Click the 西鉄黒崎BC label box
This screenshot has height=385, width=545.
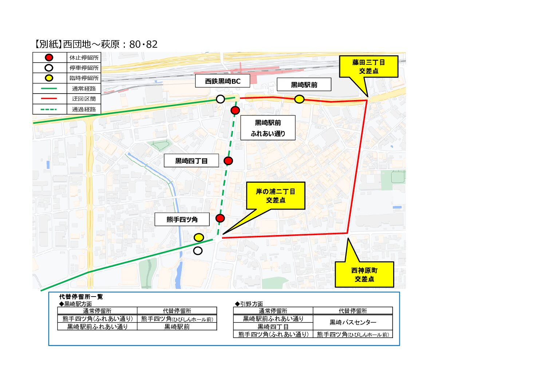point(222,81)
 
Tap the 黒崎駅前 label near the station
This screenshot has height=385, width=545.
point(304,85)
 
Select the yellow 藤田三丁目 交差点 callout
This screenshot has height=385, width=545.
point(368,67)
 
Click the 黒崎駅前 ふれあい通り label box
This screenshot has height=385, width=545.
point(268,128)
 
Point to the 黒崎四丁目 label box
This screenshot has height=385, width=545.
point(191,161)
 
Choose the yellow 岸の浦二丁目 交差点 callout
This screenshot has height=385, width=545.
point(276,196)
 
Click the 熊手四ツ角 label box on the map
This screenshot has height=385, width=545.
point(182,219)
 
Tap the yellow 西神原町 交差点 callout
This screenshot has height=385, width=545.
point(364,275)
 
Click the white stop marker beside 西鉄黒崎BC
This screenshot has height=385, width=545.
point(220,99)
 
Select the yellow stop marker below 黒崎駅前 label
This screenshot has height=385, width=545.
point(299,99)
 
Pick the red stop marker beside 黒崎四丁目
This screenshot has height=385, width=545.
point(228,161)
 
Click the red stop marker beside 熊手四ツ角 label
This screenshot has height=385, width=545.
point(220,218)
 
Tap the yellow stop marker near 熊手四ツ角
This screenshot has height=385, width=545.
point(199,238)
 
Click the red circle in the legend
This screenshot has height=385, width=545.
point(49,57)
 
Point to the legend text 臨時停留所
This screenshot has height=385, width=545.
point(84,78)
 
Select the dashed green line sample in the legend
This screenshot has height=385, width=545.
point(49,109)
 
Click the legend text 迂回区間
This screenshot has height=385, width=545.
point(84,99)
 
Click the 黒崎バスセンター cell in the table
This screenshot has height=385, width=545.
point(353,322)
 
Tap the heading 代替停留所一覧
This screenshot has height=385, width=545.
point(81,297)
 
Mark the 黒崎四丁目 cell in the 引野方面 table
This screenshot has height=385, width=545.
point(273,327)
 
